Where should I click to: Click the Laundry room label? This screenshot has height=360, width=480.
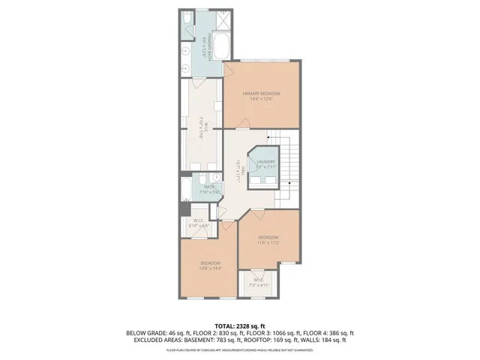point(266,164)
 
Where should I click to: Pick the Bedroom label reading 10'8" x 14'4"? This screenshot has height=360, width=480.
point(210,265)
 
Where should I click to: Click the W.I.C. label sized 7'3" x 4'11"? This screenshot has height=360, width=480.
point(258,283)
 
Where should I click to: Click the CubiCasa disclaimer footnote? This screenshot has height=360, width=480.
point(239,350)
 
